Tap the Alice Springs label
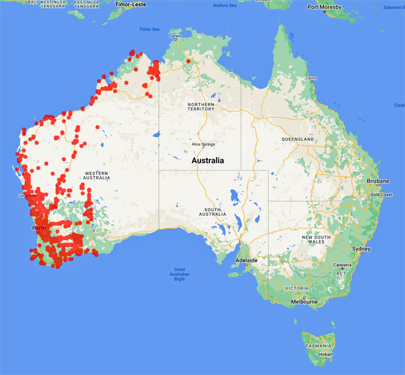coord(202,144)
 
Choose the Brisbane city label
coord(377,181)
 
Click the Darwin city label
coord(176,36)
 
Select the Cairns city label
coord(311,78)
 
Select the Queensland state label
coord(298,139)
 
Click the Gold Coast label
coord(382,194)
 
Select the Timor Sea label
coord(149,30)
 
